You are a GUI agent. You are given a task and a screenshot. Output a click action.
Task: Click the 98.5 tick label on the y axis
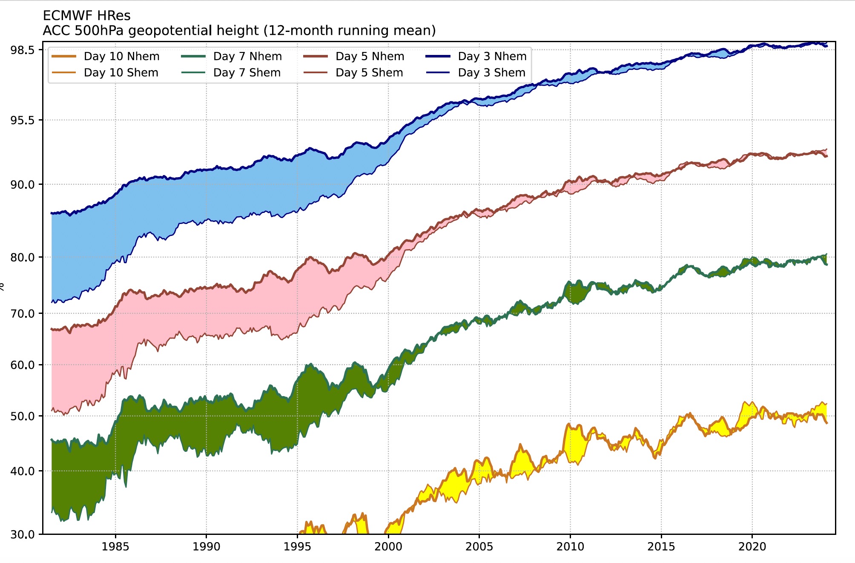[x=22, y=50]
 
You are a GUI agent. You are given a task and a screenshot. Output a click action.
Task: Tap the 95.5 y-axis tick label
[x=22, y=121]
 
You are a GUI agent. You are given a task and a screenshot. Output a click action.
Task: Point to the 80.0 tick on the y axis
[x=22, y=257]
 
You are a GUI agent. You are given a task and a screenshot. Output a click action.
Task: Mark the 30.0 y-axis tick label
[x=22, y=534]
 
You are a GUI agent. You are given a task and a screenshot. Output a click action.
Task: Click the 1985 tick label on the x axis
[x=115, y=547]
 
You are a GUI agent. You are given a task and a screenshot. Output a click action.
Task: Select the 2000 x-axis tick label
[x=388, y=547]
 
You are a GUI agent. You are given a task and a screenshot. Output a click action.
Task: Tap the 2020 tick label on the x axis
[x=752, y=547]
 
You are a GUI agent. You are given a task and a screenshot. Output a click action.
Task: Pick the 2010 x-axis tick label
[x=570, y=547]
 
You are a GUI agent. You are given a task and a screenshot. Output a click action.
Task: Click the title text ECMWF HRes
[x=86, y=16]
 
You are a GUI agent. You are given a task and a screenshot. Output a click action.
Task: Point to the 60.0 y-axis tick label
[x=22, y=365]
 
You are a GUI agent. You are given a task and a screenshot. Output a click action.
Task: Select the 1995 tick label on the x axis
[x=297, y=547]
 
